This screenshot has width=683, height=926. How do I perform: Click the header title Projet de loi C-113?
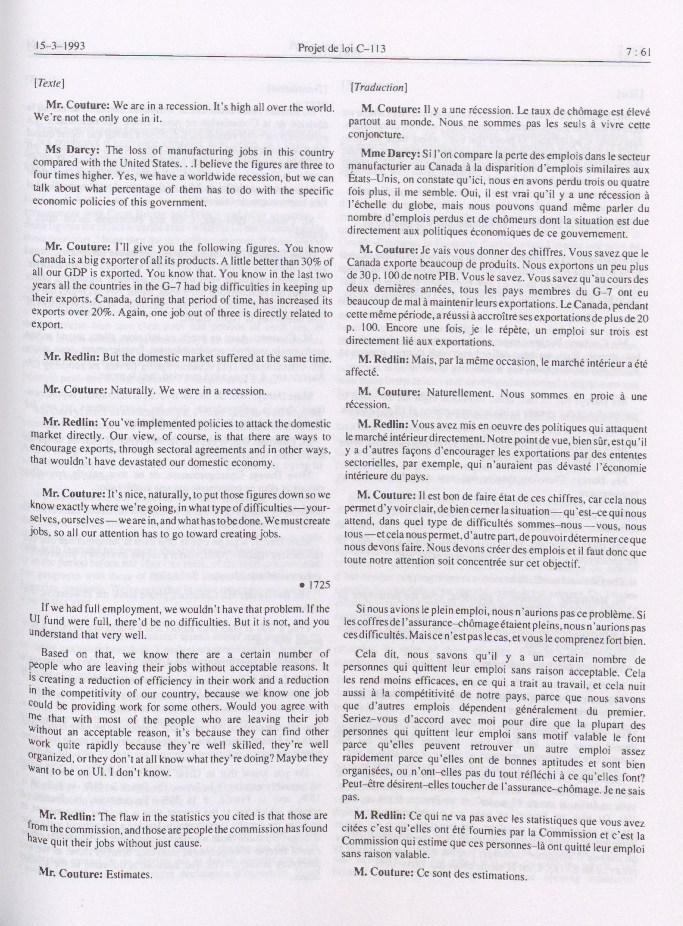342,49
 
